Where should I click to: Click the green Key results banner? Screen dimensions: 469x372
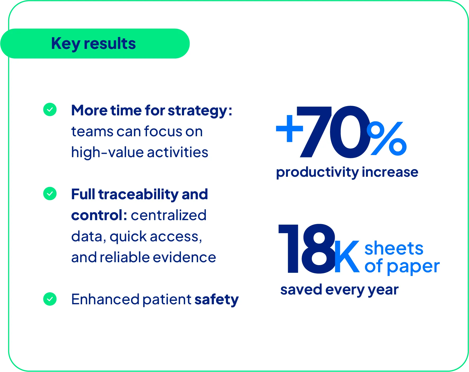click(x=95, y=43)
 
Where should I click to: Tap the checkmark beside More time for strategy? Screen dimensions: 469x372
click(x=50, y=110)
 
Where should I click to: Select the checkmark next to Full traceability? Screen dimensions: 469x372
click(x=50, y=194)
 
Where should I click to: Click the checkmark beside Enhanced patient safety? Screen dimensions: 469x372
click(x=50, y=299)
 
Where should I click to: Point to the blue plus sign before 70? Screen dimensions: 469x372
click(x=289, y=129)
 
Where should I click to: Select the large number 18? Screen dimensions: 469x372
click(x=307, y=249)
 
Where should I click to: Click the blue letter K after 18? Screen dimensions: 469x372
click(x=347, y=256)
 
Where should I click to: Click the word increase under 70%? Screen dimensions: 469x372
click(x=390, y=172)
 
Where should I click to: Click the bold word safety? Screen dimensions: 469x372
click(x=216, y=300)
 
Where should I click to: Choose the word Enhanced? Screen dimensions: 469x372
click(x=105, y=299)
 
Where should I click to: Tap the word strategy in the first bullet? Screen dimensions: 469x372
click(x=197, y=111)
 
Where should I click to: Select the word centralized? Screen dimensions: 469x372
click(x=169, y=215)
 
